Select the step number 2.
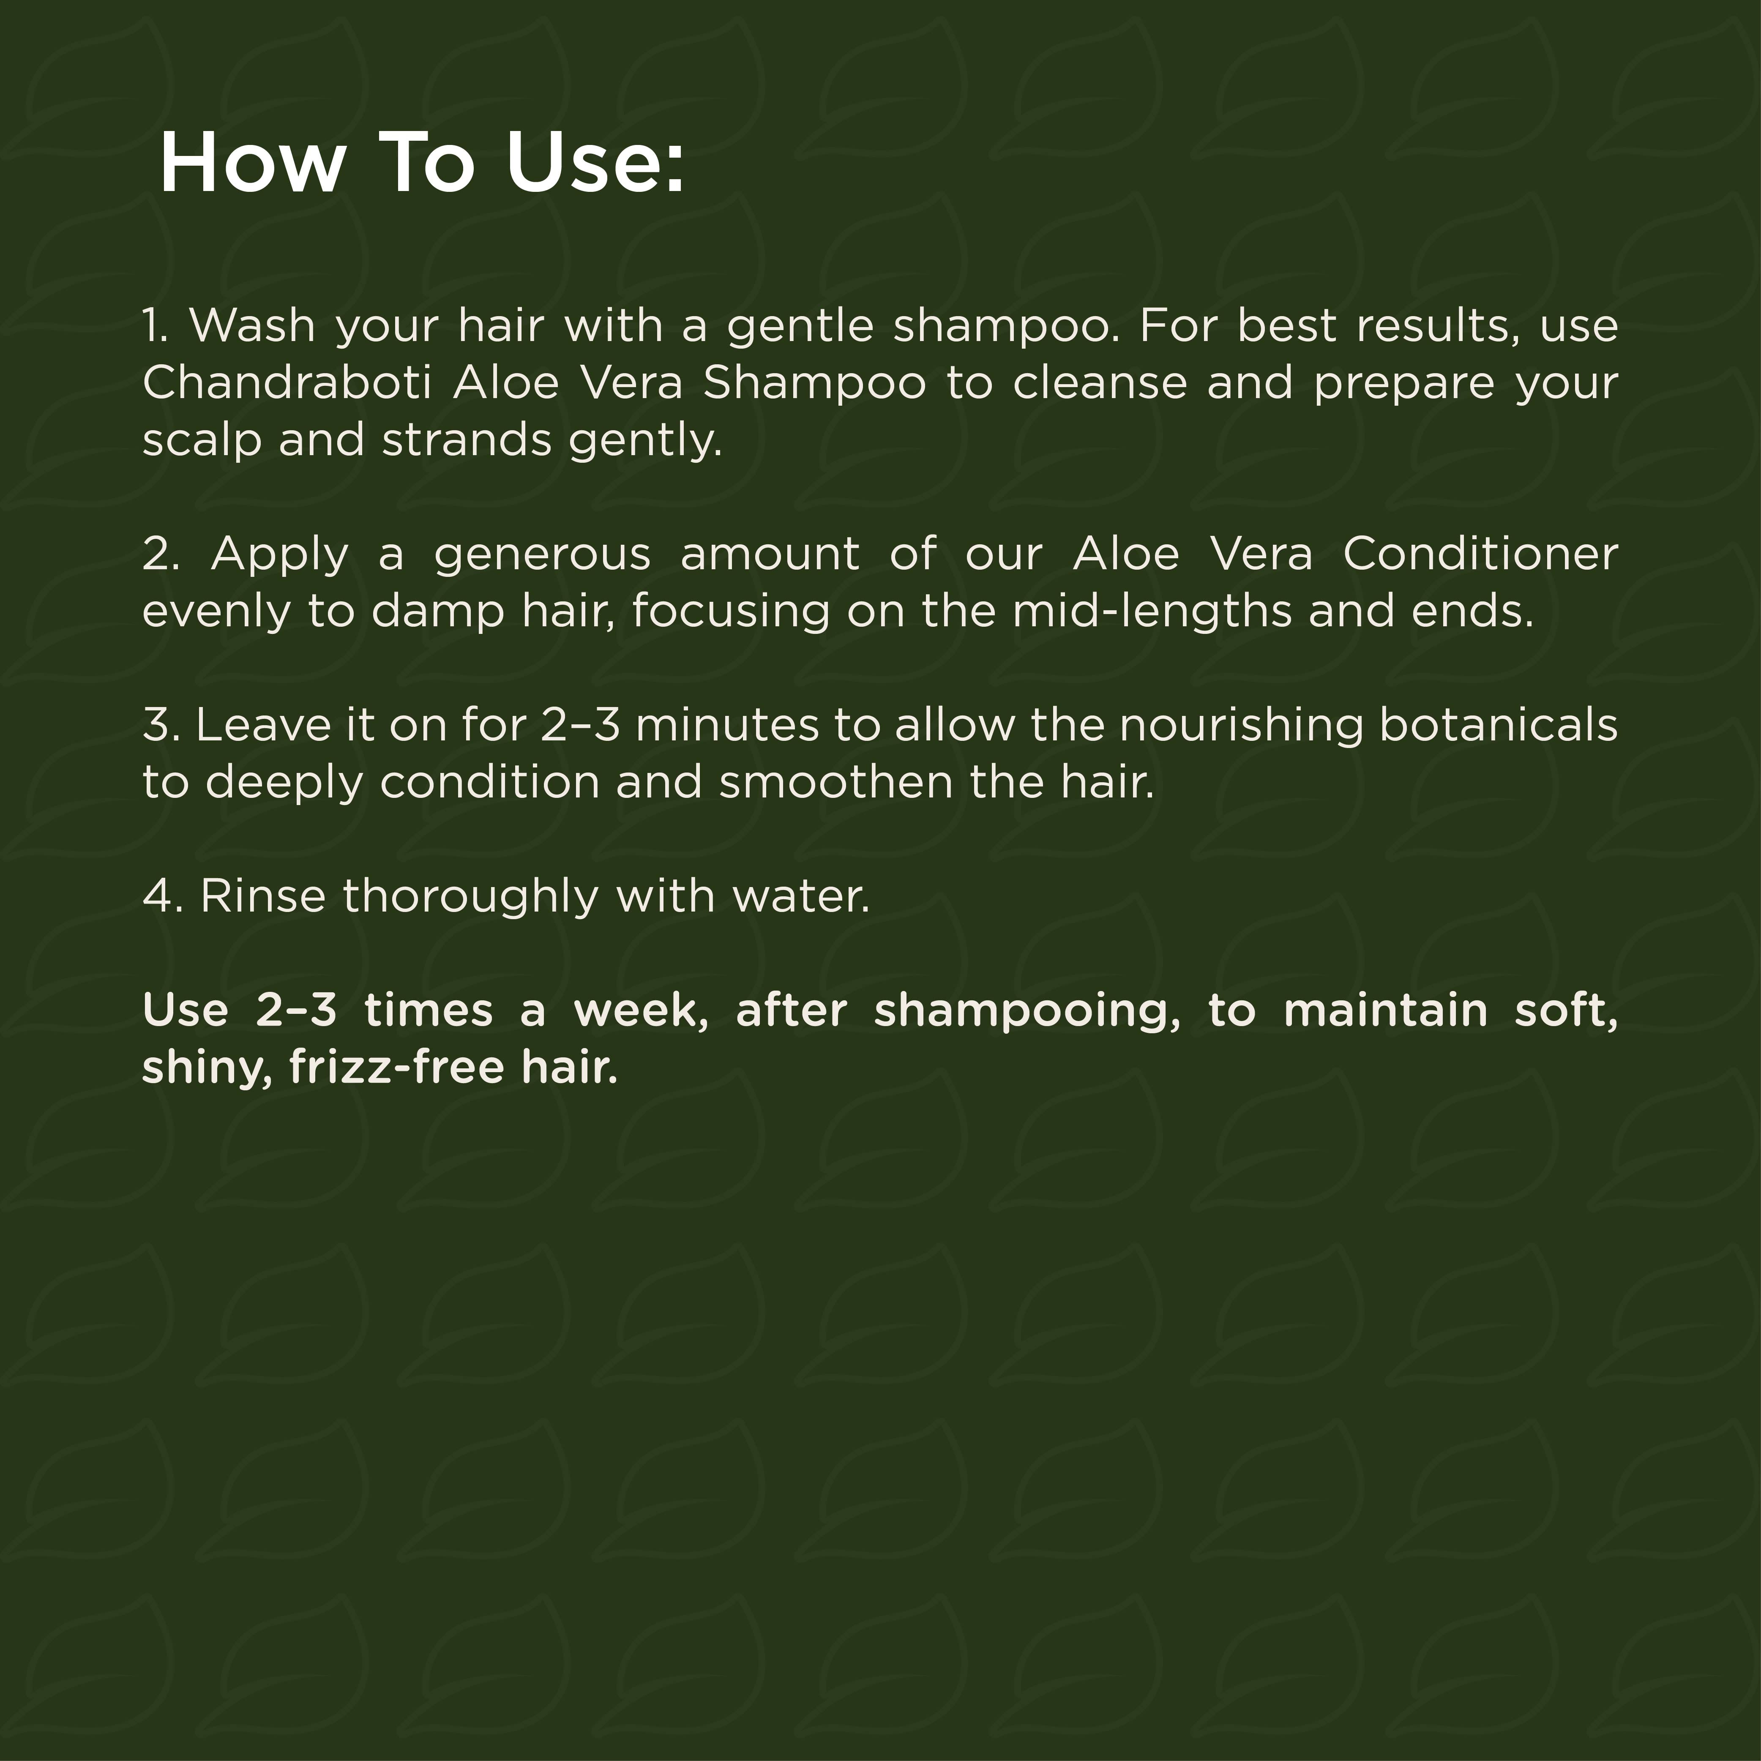[161, 553]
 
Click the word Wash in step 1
[252, 325]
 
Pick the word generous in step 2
[542, 553]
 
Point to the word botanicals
[1499, 725]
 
